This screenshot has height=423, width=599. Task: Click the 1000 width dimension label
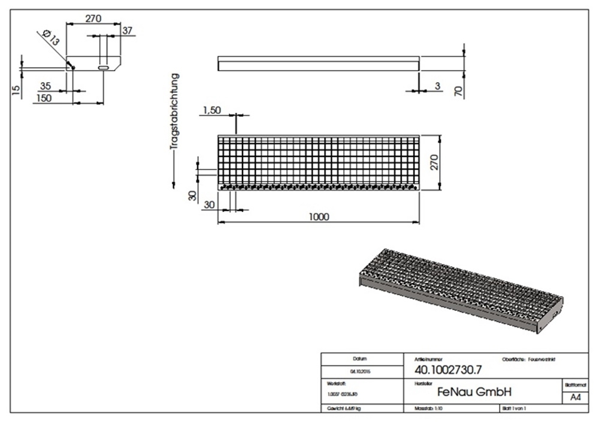pos(319,217)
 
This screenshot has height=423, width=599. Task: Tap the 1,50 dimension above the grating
pos(213,110)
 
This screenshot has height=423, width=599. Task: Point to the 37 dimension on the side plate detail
pos(127,31)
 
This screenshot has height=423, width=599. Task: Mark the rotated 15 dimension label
pos(16,90)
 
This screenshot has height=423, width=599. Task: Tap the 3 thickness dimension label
pos(437,87)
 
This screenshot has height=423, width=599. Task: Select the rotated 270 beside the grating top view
pos(435,162)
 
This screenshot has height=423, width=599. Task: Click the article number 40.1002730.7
pos(448,370)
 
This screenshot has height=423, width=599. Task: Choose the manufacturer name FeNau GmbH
pos(474,392)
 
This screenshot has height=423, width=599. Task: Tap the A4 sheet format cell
pos(575,397)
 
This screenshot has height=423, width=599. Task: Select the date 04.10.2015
pos(360,371)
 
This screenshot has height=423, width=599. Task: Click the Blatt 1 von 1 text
pos(514,408)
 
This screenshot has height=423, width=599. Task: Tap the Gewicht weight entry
pos(344,408)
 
